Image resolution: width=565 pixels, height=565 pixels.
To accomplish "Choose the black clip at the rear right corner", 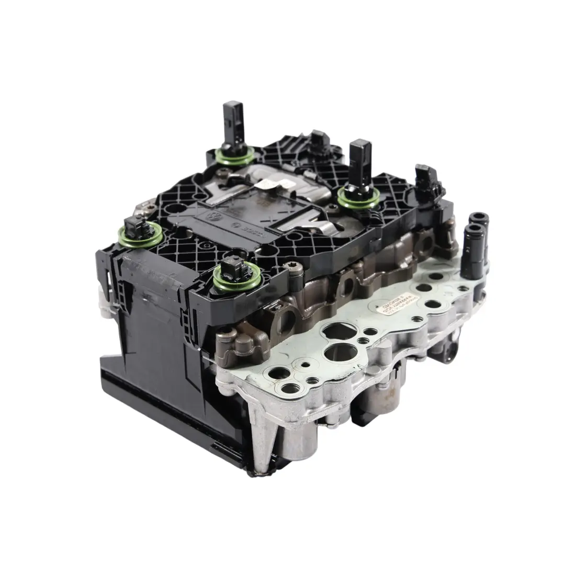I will tap(427, 178).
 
